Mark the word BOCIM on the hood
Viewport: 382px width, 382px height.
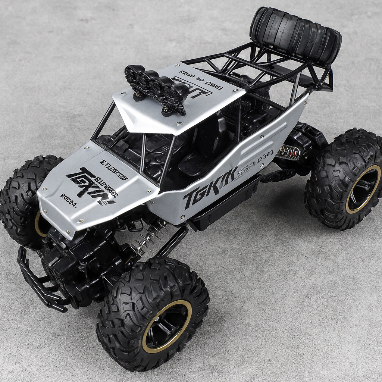pyautogui.click(x=68, y=201)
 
